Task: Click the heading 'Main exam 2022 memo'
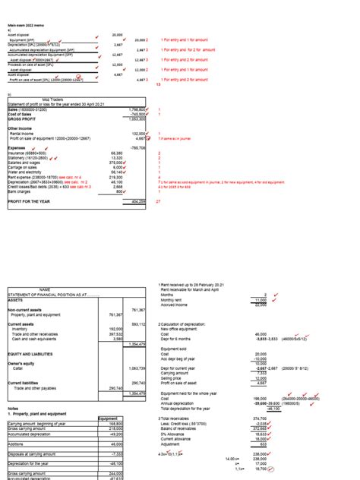pos(24,27)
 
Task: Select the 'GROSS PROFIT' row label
pos(22,119)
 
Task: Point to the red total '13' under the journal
pos(158,84)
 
